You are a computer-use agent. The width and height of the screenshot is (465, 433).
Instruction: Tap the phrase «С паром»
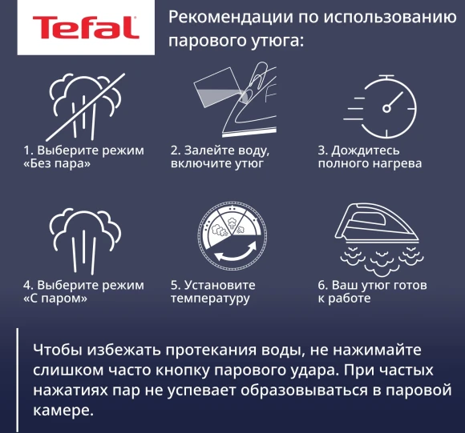(55, 299)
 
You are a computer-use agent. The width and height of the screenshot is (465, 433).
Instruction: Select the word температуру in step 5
(210, 299)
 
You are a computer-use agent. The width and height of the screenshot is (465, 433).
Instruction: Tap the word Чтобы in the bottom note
(55, 351)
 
